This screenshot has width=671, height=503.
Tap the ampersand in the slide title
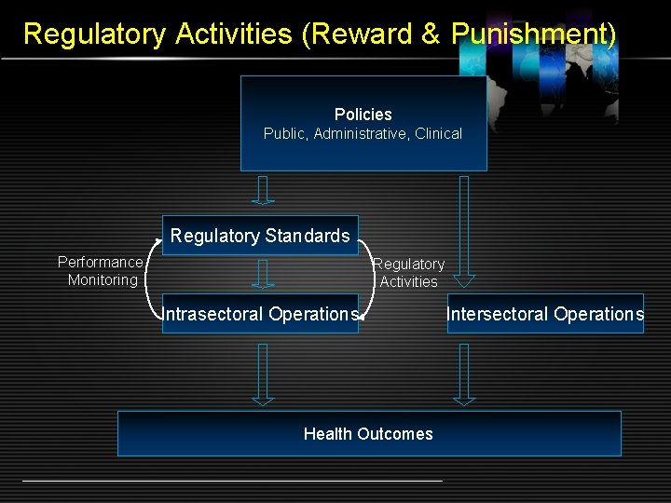click(431, 34)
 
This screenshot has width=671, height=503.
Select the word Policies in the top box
click(363, 115)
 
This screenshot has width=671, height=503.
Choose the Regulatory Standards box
click(260, 237)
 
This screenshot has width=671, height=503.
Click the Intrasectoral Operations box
click(260, 314)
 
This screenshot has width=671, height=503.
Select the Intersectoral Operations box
click(545, 314)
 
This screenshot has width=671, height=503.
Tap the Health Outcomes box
click(369, 433)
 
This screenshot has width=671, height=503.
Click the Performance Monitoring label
click(101, 271)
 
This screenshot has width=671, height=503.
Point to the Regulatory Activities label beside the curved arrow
click(410, 272)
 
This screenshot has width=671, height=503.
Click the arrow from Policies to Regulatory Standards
click(264, 190)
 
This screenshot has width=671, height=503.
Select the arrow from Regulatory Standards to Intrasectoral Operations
click(264, 274)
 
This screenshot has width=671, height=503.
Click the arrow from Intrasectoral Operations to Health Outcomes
click(264, 374)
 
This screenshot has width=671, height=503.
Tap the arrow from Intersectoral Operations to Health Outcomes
click(464, 374)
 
